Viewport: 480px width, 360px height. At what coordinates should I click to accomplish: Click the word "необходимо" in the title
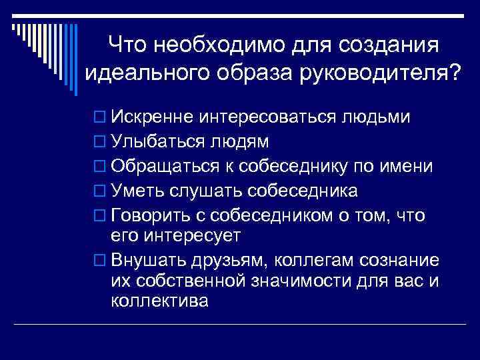[210, 45]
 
